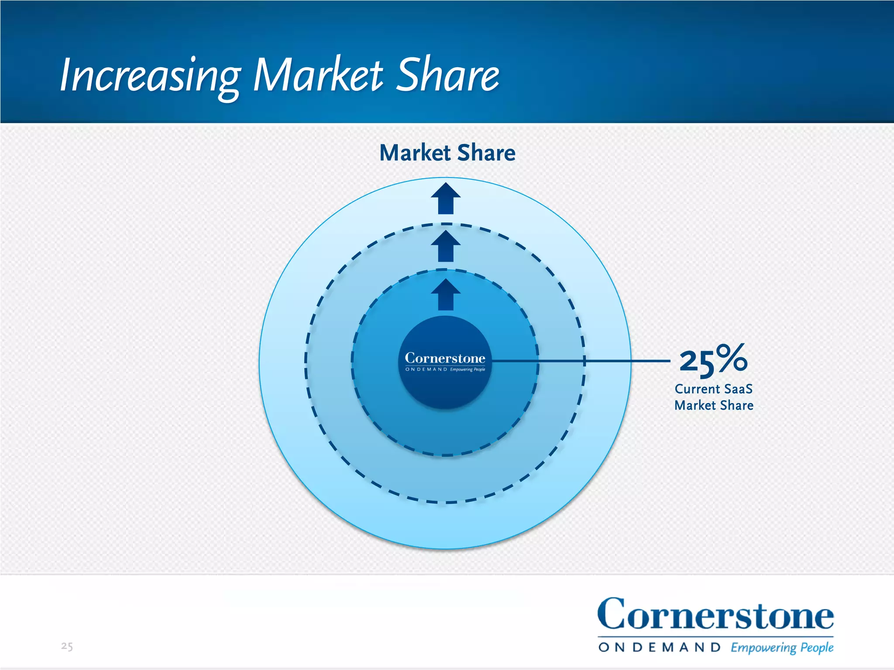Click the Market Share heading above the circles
click(447, 153)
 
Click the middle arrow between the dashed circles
click(446, 246)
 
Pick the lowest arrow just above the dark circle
click(446, 295)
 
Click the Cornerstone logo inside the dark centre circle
click(445, 358)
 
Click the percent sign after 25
click(732, 358)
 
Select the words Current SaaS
click(713, 389)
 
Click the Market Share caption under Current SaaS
click(714, 405)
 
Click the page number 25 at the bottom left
click(67, 646)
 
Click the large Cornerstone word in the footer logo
click(715, 615)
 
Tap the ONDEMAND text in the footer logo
click(659, 647)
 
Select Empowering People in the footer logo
click(782, 647)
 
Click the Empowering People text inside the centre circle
click(468, 369)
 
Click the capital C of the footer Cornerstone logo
click(612, 614)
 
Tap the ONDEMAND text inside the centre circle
click(426, 369)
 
